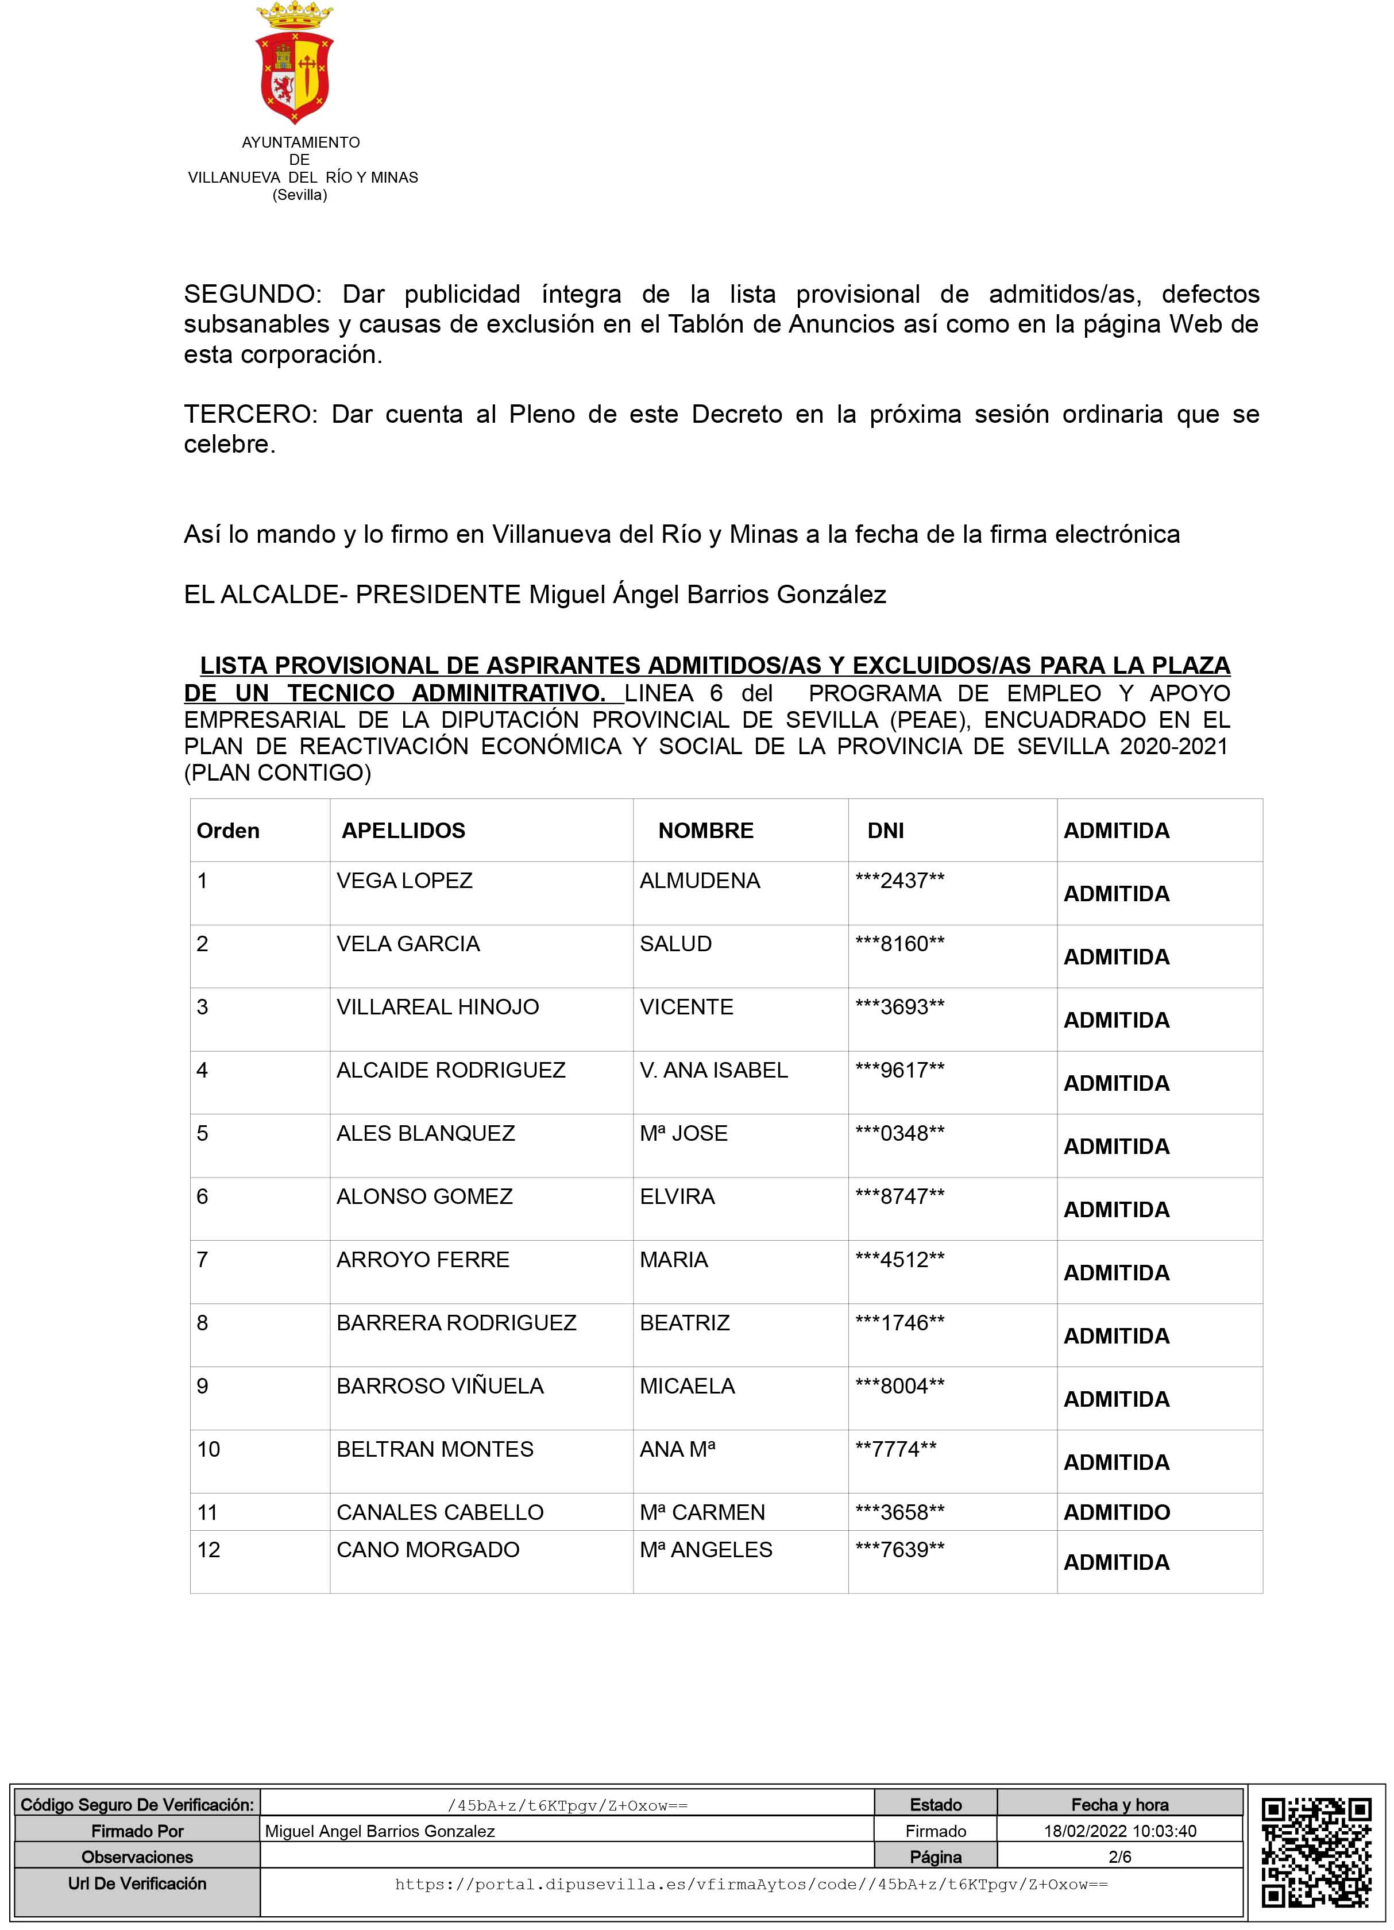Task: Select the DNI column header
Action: pos(885,831)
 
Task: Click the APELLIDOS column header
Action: pos(403,831)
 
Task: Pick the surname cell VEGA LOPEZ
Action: pos(404,881)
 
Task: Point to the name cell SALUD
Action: pos(675,944)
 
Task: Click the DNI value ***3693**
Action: pos(899,1007)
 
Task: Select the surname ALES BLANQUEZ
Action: pos(426,1133)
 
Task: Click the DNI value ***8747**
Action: pos(899,1196)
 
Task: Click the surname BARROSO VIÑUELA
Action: pos(440,1386)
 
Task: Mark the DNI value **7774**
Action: pos(895,1449)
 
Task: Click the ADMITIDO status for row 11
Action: pos(1117,1512)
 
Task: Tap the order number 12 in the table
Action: pos(208,1550)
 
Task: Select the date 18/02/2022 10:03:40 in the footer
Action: pos(1120,1831)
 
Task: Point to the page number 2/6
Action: pos(1120,1857)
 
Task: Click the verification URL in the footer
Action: pos(751,1884)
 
